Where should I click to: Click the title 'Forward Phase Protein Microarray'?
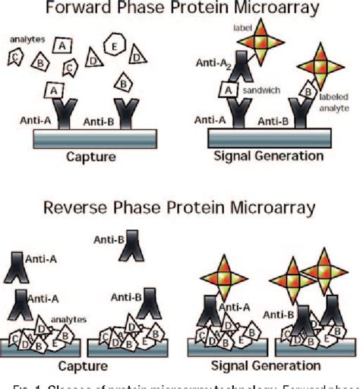[180, 11]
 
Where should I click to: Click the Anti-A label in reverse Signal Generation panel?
[257, 305]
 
